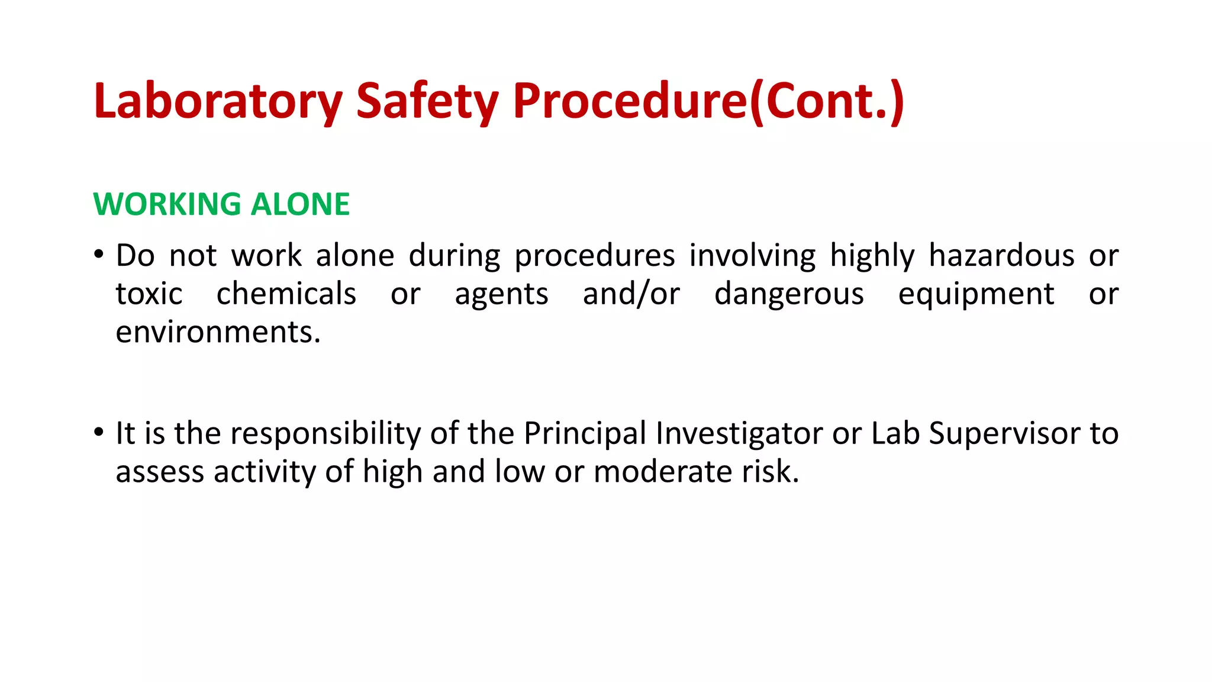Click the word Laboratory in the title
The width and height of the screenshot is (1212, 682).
tap(218, 102)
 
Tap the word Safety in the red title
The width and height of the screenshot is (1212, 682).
tap(427, 102)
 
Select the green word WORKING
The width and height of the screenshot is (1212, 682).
tap(167, 204)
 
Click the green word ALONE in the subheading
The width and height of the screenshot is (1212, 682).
tap(300, 204)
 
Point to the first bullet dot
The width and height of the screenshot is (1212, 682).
tap(99, 255)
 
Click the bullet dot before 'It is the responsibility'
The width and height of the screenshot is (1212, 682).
tap(99, 433)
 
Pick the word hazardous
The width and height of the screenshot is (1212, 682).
tap(1001, 256)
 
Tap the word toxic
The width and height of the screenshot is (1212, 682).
tap(149, 294)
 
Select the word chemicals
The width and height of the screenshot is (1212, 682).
tap(286, 294)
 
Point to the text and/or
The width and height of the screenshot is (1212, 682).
tap(631, 294)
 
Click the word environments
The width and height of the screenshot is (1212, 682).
tap(218, 332)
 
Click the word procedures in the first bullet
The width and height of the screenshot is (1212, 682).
tap(594, 256)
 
